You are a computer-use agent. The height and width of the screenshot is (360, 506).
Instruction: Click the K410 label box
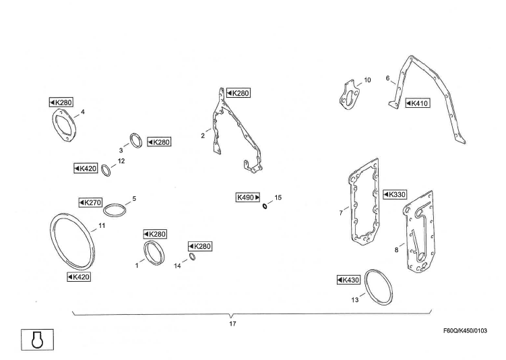(418, 103)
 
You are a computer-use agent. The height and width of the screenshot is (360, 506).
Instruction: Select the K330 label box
(395, 194)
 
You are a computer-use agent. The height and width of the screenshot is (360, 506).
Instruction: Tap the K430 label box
(349, 280)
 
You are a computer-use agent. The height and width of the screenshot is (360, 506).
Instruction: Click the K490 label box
(248, 198)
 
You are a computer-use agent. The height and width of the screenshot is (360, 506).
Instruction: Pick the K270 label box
(90, 202)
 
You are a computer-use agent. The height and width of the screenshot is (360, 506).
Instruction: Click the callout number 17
(231, 324)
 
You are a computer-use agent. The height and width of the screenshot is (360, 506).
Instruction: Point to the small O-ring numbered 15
(265, 206)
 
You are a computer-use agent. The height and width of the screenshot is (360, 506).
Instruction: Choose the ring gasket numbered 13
(379, 290)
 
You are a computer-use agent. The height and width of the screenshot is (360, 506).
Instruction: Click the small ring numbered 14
(191, 257)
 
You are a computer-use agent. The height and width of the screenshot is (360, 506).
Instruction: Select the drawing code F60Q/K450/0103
(465, 330)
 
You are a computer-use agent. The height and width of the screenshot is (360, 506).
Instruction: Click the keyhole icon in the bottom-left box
(38, 339)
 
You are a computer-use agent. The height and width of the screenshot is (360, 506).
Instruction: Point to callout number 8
(396, 250)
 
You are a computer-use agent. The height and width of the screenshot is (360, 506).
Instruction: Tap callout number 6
(387, 78)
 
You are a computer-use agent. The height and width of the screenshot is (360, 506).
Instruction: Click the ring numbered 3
(137, 142)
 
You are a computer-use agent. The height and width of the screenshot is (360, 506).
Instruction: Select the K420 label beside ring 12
(86, 168)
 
